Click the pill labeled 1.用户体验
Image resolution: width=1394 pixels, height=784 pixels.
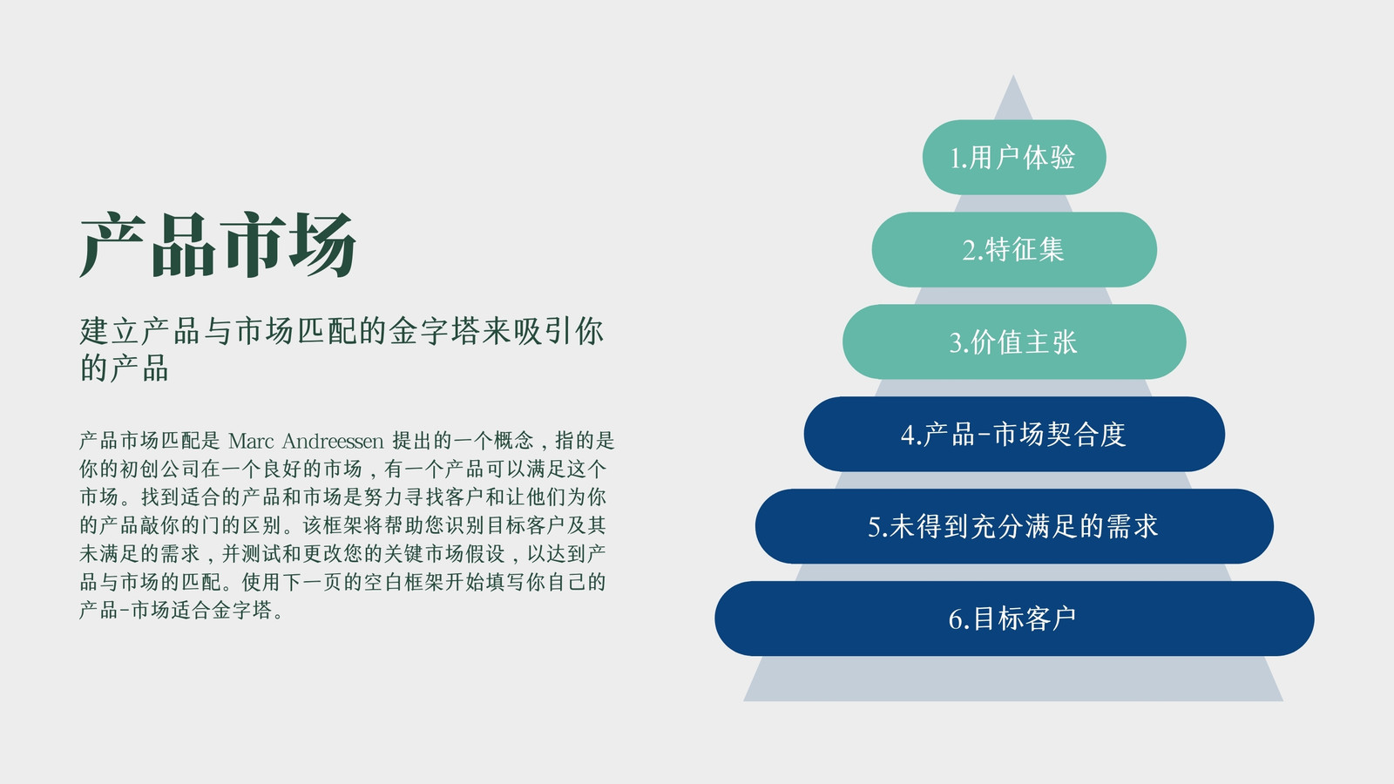(x=1014, y=158)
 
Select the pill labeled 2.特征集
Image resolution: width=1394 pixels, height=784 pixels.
(x=1014, y=249)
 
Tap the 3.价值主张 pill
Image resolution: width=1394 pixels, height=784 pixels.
(x=1014, y=341)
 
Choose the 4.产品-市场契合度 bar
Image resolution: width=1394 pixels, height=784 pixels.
(x=1014, y=434)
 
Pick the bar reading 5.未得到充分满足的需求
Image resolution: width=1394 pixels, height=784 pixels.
(x=1014, y=526)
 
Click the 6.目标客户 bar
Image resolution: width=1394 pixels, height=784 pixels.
(x=1014, y=618)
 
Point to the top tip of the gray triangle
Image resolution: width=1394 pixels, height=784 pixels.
(x=1013, y=75)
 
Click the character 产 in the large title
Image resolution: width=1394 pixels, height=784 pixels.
(x=113, y=245)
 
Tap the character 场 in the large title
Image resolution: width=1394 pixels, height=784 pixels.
(x=323, y=245)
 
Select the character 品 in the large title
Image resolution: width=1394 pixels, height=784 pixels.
(x=183, y=245)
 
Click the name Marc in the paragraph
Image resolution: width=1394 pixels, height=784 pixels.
(x=251, y=441)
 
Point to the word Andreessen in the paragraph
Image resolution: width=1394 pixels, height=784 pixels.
(x=333, y=441)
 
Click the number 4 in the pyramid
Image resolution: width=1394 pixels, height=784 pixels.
(x=907, y=435)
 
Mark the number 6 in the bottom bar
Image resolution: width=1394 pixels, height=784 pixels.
(x=956, y=619)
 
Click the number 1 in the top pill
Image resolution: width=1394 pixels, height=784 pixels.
(x=955, y=159)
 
